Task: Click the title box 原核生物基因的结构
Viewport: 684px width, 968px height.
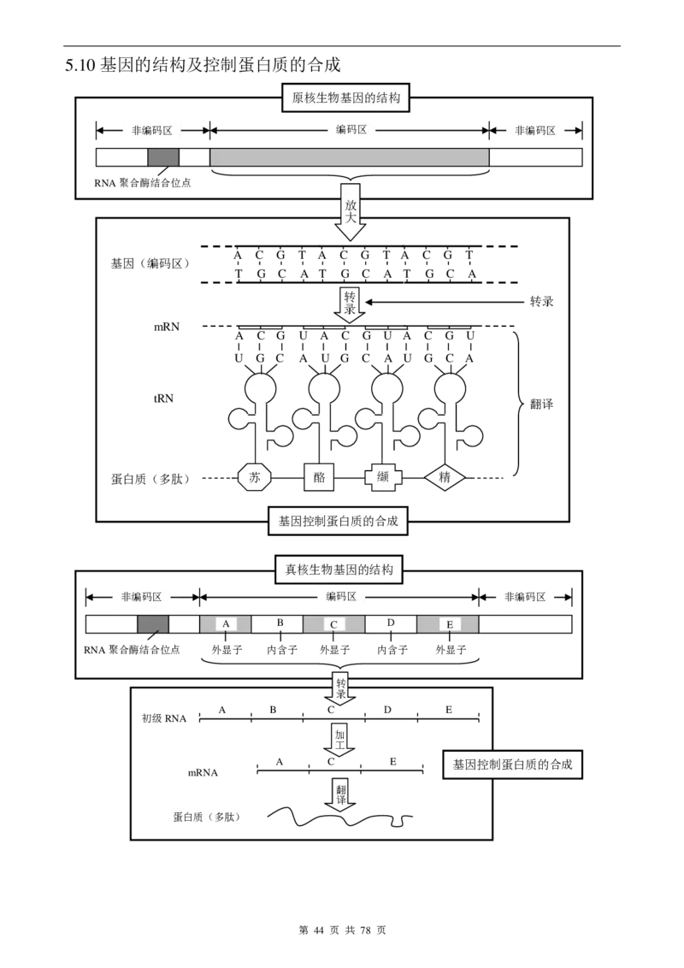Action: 345,98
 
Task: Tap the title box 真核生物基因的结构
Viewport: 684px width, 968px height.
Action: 339,570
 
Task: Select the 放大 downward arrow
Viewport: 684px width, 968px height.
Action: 350,219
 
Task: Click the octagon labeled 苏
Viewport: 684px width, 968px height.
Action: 255,477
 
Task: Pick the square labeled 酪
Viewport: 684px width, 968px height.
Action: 319,477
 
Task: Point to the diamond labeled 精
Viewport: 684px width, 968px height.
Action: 445,477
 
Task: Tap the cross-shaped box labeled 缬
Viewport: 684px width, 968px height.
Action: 383,477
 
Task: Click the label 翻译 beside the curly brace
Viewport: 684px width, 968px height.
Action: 541,404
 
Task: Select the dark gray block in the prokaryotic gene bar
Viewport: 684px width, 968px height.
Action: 163,156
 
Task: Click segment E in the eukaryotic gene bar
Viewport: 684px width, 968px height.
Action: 447,624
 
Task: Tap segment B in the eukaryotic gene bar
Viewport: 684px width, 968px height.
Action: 277,624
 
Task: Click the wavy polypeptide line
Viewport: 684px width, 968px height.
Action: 340,817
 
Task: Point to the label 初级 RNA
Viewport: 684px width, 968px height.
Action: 163,718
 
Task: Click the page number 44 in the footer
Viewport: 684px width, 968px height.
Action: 319,930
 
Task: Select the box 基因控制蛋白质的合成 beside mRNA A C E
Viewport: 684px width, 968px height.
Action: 512,764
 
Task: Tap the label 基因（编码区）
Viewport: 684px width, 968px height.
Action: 150,263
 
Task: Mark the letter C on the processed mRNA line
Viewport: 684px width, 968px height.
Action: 331,762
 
